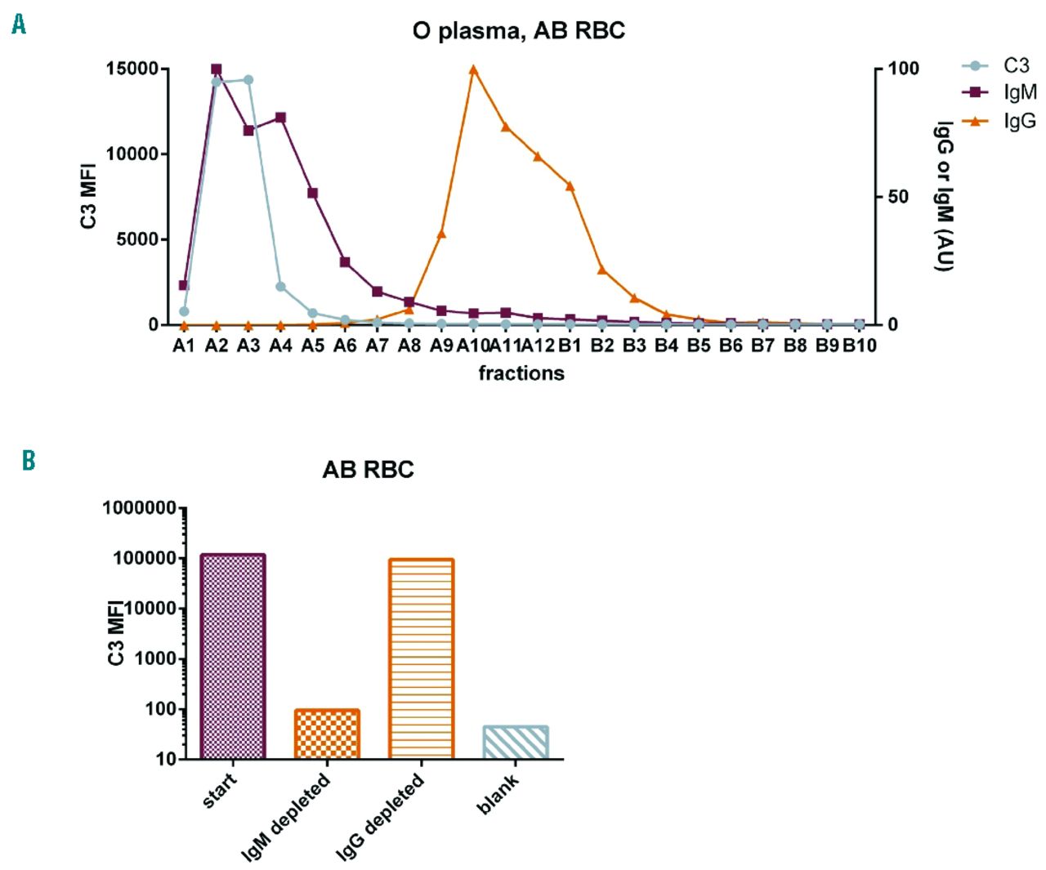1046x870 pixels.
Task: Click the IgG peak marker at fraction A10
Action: pyautogui.click(x=473, y=69)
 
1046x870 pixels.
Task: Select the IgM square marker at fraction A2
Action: pyautogui.click(x=216, y=69)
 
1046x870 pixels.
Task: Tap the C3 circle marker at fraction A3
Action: pyautogui.click(x=248, y=80)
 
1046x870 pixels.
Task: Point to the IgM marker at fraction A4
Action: pyautogui.click(x=280, y=118)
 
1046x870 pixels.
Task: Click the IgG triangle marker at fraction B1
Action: pyautogui.click(x=570, y=186)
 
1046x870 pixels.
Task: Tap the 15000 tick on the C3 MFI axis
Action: pyautogui.click(x=132, y=69)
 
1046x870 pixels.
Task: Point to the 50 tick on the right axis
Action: pyautogui.click(x=898, y=197)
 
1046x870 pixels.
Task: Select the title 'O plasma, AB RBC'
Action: pyautogui.click(x=518, y=31)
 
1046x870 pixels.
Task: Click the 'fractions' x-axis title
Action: pyautogui.click(x=521, y=373)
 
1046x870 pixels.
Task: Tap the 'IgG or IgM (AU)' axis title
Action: pyautogui.click(x=944, y=196)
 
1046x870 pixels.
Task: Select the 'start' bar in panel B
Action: pyautogui.click(x=233, y=657)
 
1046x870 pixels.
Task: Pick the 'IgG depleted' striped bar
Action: pyautogui.click(x=422, y=659)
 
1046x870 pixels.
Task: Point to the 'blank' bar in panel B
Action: pyautogui.click(x=516, y=743)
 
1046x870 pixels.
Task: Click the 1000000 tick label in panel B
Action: pyautogui.click(x=139, y=508)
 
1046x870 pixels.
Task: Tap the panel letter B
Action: pyautogui.click(x=29, y=461)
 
